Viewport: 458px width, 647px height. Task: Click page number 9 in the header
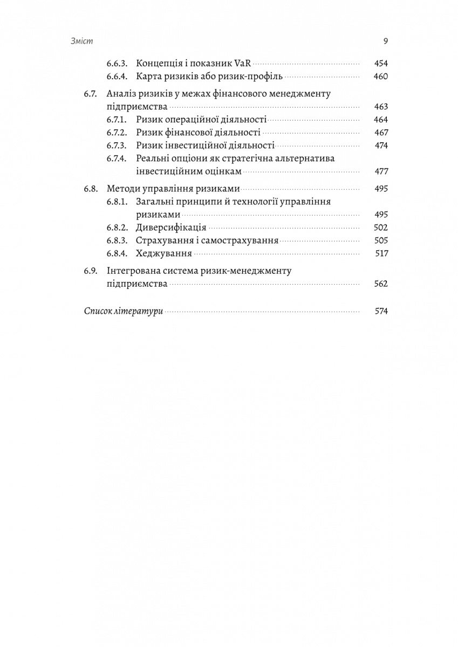[385, 42]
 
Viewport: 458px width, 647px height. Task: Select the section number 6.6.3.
[117, 64]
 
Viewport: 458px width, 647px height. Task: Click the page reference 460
[381, 77]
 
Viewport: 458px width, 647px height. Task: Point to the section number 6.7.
[91, 94]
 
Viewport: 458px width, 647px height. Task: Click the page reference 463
[381, 107]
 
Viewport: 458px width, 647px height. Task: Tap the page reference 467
[381, 133]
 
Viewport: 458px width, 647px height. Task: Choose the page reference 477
[381, 171]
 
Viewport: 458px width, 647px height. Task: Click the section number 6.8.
[91, 189]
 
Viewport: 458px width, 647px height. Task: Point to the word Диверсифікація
[172, 228]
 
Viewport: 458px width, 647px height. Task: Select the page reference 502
[381, 228]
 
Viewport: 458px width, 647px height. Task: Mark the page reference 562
[381, 284]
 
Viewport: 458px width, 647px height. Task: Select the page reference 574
[381, 311]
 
